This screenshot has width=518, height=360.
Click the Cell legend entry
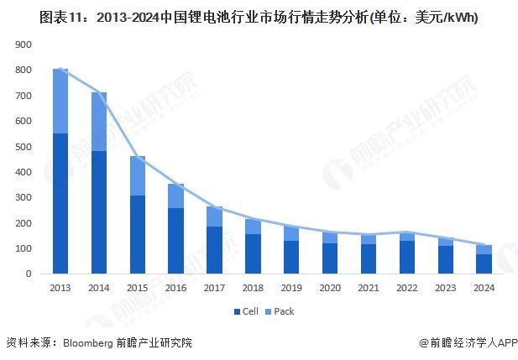click(245, 311)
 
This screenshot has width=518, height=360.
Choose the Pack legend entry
click(280, 311)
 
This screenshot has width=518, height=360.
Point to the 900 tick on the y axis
click(24, 44)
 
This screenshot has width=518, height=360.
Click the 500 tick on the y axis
click(24, 146)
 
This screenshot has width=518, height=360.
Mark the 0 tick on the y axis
click(29, 274)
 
